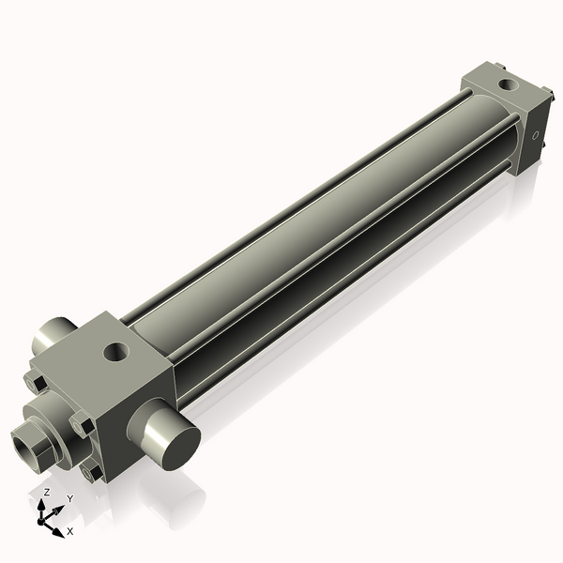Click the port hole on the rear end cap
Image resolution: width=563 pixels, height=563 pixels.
coord(508,85)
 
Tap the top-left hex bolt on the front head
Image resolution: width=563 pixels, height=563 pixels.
coord(36,384)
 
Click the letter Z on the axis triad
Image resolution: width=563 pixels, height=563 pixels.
coord(47,493)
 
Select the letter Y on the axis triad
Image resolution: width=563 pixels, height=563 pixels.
coord(69,499)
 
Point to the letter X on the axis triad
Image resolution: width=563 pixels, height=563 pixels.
coord(69,531)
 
